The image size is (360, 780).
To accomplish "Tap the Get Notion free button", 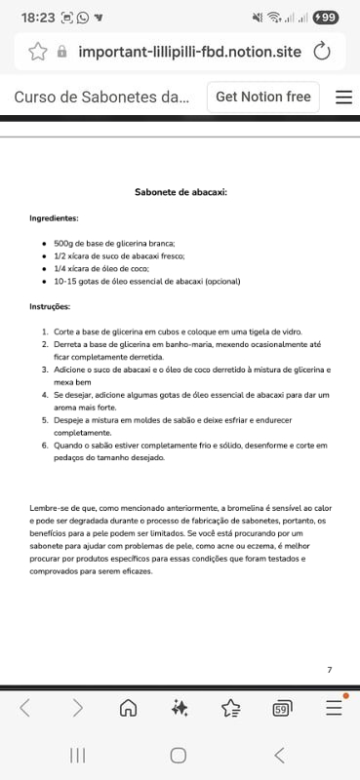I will [x=262, y=97].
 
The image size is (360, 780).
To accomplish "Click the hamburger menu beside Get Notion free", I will [x=343, y=97].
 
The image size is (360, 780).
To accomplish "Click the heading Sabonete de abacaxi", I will [x=180, y=192].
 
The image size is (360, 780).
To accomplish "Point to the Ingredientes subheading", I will [x=54, y=218].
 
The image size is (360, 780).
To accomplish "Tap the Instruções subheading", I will [x=51, y=306].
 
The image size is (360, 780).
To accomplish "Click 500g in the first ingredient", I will [x=63, y=243].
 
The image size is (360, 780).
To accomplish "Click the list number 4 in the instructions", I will [x=44, y=395].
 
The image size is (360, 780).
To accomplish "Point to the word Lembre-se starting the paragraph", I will [x=50, y=509].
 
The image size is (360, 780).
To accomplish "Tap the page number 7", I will [x=330, y=669].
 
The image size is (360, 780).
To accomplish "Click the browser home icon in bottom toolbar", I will [x=128, y=708].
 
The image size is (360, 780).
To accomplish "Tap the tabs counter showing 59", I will [x=281, y=708].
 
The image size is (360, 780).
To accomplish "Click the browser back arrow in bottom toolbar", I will [x=25, y=708].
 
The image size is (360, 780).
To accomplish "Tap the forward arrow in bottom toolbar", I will [x=77, y=708].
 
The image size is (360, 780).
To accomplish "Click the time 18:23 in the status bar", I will [x=37, y=18].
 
